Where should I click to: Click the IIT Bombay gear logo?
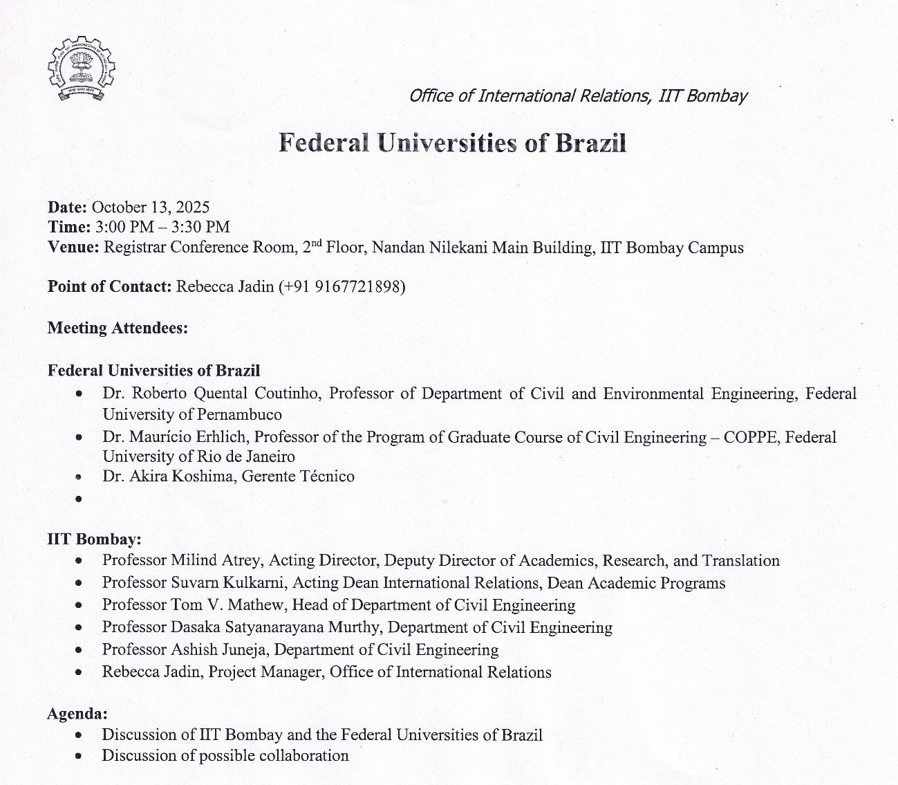pos(82,68)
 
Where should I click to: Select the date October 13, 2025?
pos(151,207)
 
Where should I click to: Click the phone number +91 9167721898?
pos(342,286)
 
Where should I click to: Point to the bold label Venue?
pos(73,247)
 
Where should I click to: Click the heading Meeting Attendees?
pos(118,328)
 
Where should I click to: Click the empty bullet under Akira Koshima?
pos(79,498)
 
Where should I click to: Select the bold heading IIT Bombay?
pos(94,539)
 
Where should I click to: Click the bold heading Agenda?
pos(77,713)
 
